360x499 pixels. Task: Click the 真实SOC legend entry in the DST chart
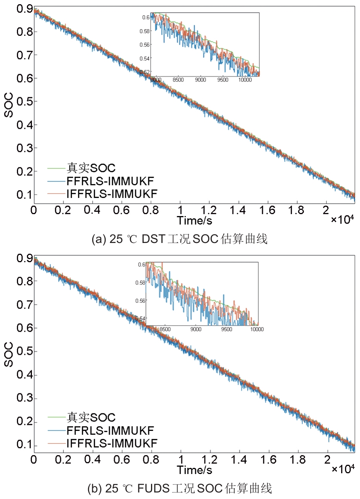91,168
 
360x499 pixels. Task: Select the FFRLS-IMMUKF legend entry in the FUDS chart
110,431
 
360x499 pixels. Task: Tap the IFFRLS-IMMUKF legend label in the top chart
112,194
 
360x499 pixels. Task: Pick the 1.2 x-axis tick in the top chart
209,210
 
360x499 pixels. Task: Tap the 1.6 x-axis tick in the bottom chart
268,459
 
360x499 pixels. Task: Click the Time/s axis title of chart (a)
194,221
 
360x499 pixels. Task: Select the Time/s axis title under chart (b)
194,470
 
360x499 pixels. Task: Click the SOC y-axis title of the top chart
8,105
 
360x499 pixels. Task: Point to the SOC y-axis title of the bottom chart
8,354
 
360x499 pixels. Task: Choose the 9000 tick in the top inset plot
201,80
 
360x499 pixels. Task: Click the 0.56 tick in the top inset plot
145,45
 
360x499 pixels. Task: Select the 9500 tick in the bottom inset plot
227,329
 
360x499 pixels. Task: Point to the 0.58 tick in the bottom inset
140,283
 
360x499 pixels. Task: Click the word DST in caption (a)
153,239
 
